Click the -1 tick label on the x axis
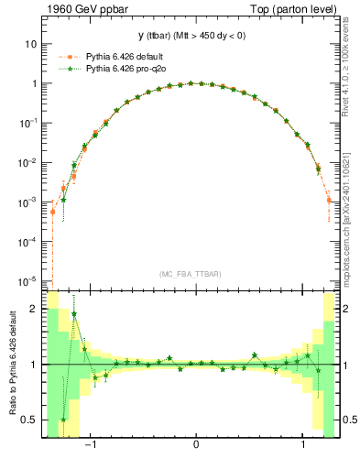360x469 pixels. [90, 443]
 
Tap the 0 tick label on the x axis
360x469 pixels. [197, 443]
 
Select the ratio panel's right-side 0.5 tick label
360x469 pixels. [351, 420]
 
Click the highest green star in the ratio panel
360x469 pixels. [74, 314]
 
